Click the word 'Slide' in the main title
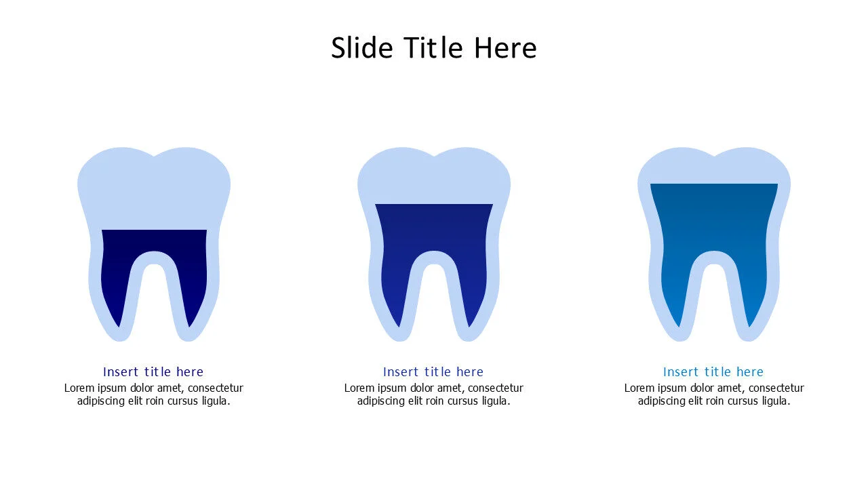tap(363, 48)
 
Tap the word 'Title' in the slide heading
tap(434, 48)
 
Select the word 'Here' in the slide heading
tap(505, 48)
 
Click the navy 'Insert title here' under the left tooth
tap(153, 371)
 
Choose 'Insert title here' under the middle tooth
tap(433, 371)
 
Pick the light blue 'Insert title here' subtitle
tap(713, 371)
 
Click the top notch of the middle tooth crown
tap(434, 157)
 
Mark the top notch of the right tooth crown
tap(714, 157)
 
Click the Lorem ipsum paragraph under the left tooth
tap(154, 394)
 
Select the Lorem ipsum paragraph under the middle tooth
tap(434, 394)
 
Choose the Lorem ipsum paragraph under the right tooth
tap(714, 394)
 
